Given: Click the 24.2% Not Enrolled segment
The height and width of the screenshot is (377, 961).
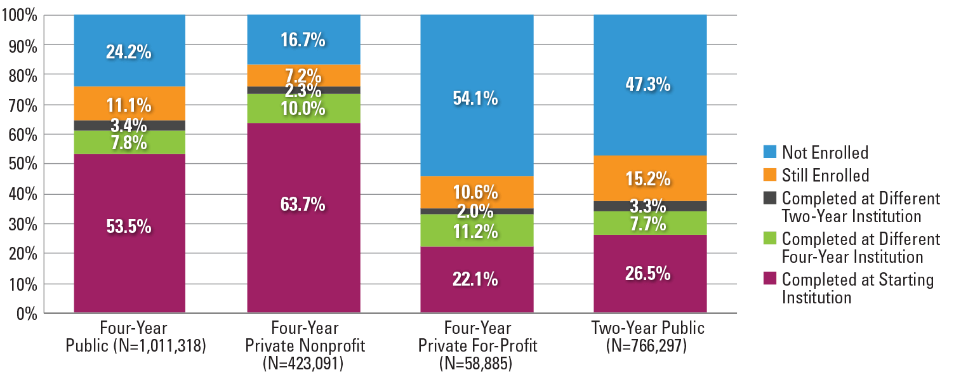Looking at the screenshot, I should click(x=129, y=51).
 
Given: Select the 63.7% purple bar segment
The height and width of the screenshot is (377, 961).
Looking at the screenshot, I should click(x=303, y=204).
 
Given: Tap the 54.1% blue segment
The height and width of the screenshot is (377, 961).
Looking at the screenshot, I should click(x=476, y=99).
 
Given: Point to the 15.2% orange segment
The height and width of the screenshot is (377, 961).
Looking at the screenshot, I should click(x=650, y=179).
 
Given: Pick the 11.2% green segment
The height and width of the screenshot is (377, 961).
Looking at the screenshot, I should click(x=476, y=232).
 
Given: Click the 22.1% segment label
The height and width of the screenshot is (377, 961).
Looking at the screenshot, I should click(x=476, y=279).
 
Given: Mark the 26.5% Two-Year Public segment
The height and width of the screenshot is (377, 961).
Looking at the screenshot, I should click(x=650, y=274).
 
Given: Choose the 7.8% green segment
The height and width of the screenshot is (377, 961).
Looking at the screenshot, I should click(x=129, y=143).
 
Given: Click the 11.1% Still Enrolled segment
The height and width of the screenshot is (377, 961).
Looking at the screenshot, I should click(x=129, y=104).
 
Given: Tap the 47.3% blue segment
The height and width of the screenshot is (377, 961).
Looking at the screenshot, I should click(x=650, y=84).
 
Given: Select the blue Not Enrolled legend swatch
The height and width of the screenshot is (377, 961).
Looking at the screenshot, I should click(x=769, y=152).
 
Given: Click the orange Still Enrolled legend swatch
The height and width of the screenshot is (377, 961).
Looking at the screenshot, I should click(x=769, y=175).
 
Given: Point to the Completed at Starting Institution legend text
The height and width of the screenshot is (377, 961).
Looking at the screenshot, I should click(x=857, y=288).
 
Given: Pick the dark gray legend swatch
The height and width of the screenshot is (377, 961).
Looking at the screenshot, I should click(x=769, y=197).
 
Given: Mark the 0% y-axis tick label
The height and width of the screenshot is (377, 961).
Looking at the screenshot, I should click(x=25, y=314).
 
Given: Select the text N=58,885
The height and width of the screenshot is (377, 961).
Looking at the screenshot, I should click(x=477, y=364).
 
